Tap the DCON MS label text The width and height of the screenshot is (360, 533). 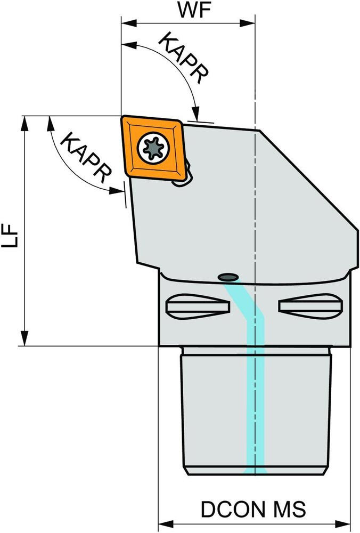tap(253, 509)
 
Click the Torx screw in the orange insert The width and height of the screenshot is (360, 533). tap(153, 147)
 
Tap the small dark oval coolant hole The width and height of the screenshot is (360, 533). tap(228, 277)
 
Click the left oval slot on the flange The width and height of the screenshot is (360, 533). tap(198, 306)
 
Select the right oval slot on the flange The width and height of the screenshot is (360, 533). tap(310, 306)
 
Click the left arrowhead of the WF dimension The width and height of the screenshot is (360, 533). tap(129, 23)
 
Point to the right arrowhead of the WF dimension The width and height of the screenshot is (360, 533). tap(247, 23)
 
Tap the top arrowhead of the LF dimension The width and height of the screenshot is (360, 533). tap(24, 124)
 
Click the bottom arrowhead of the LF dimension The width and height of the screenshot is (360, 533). tap(24, 338)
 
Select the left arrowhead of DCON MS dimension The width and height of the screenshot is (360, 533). tap(166, 523)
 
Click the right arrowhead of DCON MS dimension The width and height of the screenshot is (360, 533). tap(342, 523)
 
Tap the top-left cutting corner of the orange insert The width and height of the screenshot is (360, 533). tap(122, 117)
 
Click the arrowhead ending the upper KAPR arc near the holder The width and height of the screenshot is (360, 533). tap(195, 112)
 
